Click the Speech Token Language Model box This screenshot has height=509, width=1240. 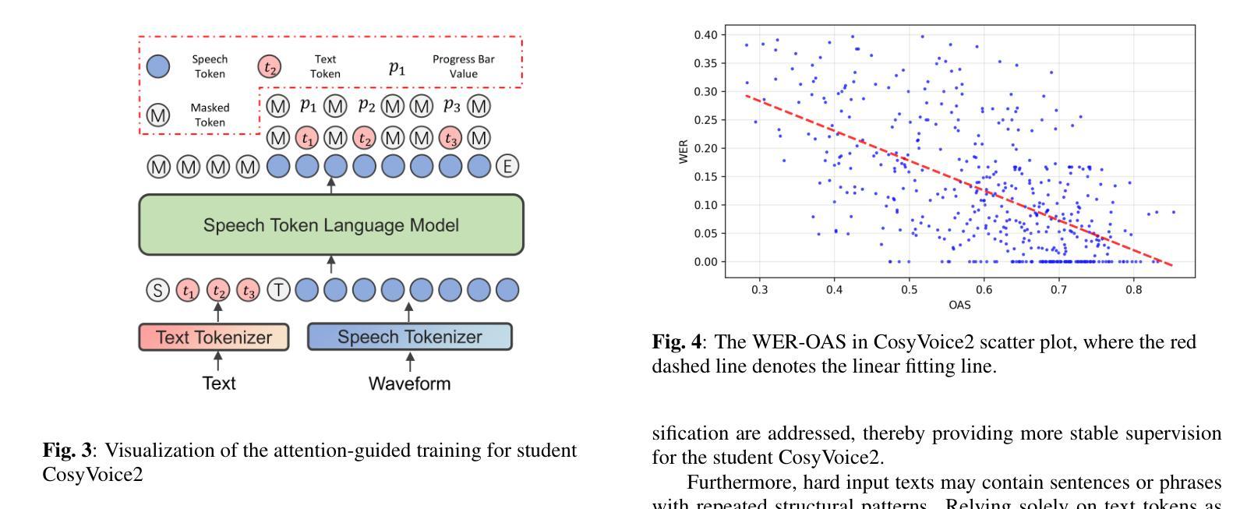point(331,224)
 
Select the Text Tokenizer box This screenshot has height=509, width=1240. point(214,338)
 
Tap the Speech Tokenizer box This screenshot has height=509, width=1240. point(410,337)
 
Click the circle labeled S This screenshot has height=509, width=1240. point(158,291)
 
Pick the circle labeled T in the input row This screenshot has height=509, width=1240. point(278,291)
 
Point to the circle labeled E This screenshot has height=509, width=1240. point(508,166)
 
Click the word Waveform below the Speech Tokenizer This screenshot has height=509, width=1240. point(409,384)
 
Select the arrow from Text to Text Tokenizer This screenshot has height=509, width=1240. point(218,362)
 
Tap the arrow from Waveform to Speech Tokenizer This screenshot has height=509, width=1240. point(410,362)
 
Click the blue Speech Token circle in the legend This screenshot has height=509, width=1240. point(158,66)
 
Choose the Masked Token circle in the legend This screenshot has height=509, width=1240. point(158,115)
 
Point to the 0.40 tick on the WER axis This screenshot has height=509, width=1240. point(705,35)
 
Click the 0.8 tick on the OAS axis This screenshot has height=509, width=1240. point(1133,289)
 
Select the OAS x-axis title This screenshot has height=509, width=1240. point(959,305)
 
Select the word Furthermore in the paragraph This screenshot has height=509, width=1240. point(732,481)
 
